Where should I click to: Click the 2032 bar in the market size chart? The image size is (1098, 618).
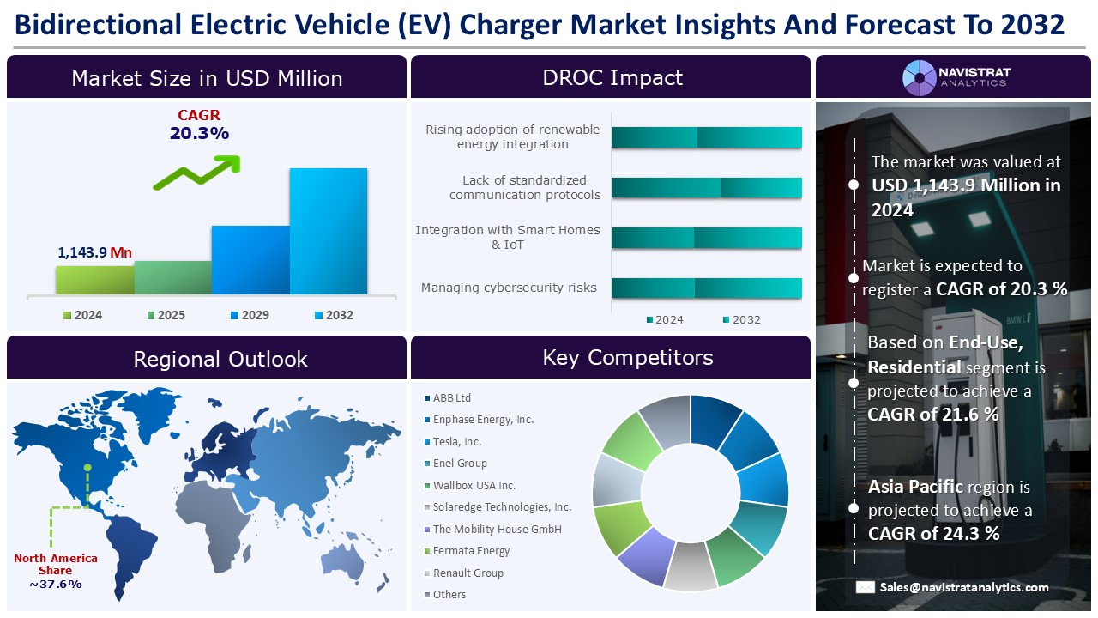pos(328,232)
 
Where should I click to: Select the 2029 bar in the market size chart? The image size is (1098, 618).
pos(250,260)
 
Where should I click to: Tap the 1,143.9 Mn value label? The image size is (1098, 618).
pos(94,252)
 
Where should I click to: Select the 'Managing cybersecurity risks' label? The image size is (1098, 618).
pos(509,288)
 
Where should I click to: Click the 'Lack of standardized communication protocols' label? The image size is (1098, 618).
pos(524,187)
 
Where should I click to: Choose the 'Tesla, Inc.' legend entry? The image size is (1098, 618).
pos(456,442)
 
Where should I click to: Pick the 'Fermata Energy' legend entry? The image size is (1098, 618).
pos(470,551)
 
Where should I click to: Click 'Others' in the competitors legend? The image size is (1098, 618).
pos(449,595)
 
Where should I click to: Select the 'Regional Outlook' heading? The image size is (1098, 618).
pos(220,359)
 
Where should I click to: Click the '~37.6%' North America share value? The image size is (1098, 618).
pos(55,585)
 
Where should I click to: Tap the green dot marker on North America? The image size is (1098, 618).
pos(87,468)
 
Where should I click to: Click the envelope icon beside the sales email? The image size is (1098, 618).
pos(865,587)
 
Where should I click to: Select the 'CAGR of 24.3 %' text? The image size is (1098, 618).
pos(933,533)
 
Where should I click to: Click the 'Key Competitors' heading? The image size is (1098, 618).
pos(628,358)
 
